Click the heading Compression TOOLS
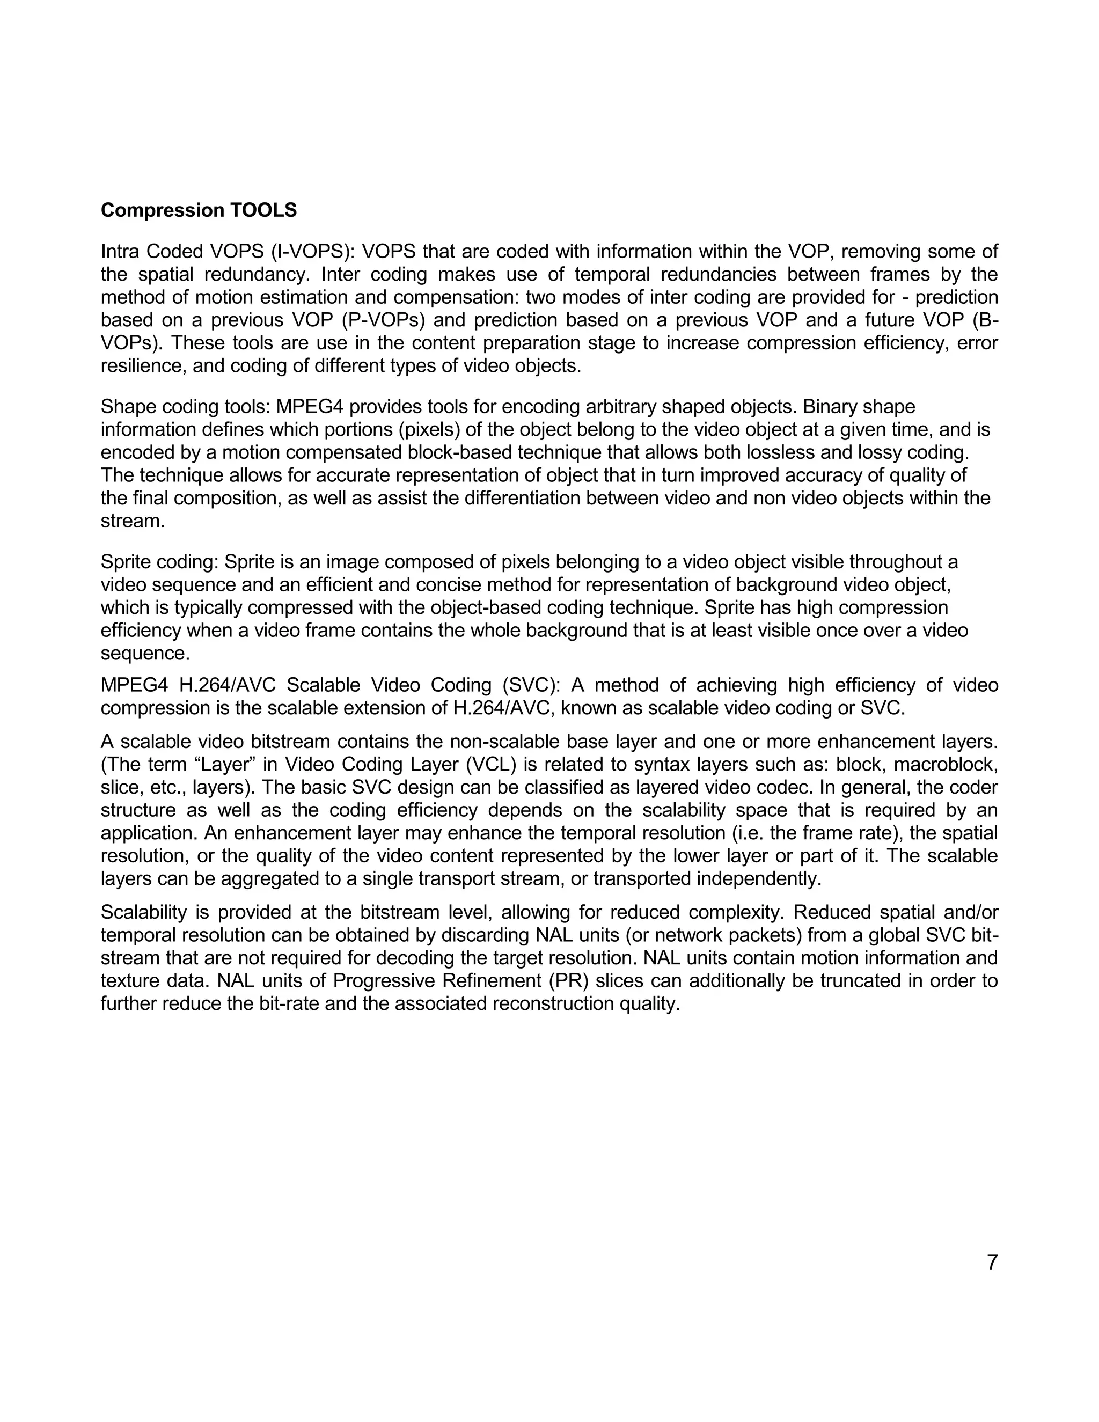(199, 210)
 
